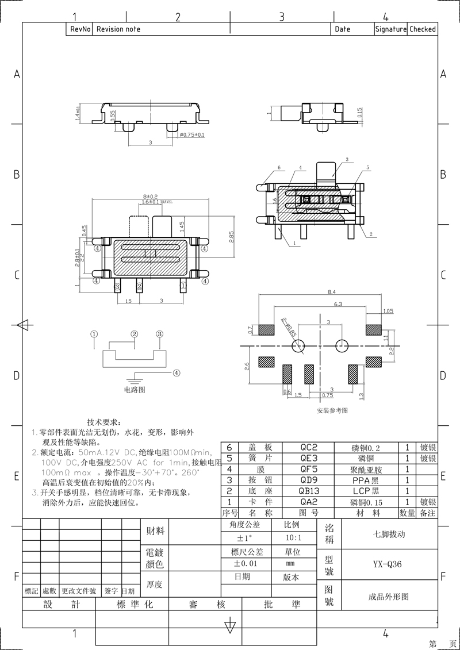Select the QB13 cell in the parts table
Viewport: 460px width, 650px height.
pyautogui.click(x=309, y=491)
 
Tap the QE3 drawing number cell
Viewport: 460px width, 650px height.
pyautogui.click(x=309, y=458)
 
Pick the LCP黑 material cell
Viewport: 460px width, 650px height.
pyautogui.click(x=366, y=491)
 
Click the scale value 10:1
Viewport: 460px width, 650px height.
pyautogui.click(x=292, y=539)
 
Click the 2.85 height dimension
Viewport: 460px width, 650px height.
pyautogui.click(x=231, y=237)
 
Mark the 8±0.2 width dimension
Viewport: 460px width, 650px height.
pyautogui.click(x=151, y=197)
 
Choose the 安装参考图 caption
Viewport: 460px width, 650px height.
pyautogui.click(x=332, y=411)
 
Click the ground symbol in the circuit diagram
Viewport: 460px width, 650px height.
pyautogui.click(x=135, y=379)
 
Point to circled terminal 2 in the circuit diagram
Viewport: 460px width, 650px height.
pyautogui.click(x=135, y=334)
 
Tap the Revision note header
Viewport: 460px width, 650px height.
pyautogui.click(x=118, y=29)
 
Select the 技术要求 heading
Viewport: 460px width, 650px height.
pyautogui.click(x=104, y=422)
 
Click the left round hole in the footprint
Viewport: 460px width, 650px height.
pyautogui.click(x=298, y=345)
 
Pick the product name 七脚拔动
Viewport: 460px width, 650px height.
pyautogui.click(x=389, y=534)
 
